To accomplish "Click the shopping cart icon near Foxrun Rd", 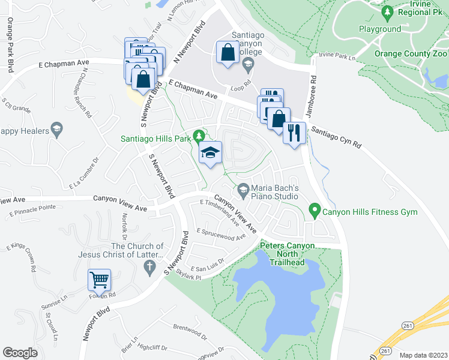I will pos(99,280).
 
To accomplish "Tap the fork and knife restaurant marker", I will pos(294,133).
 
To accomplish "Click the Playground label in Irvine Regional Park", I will pos(380,29).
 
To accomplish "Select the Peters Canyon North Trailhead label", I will pos(282,254).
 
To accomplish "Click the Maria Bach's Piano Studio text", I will pos(275,191).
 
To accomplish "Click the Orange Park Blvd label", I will pos(10,37).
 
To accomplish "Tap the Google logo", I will pos(20,352).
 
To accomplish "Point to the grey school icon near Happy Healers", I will pos(56,129).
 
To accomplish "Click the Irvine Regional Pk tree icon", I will pos(388,11).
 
